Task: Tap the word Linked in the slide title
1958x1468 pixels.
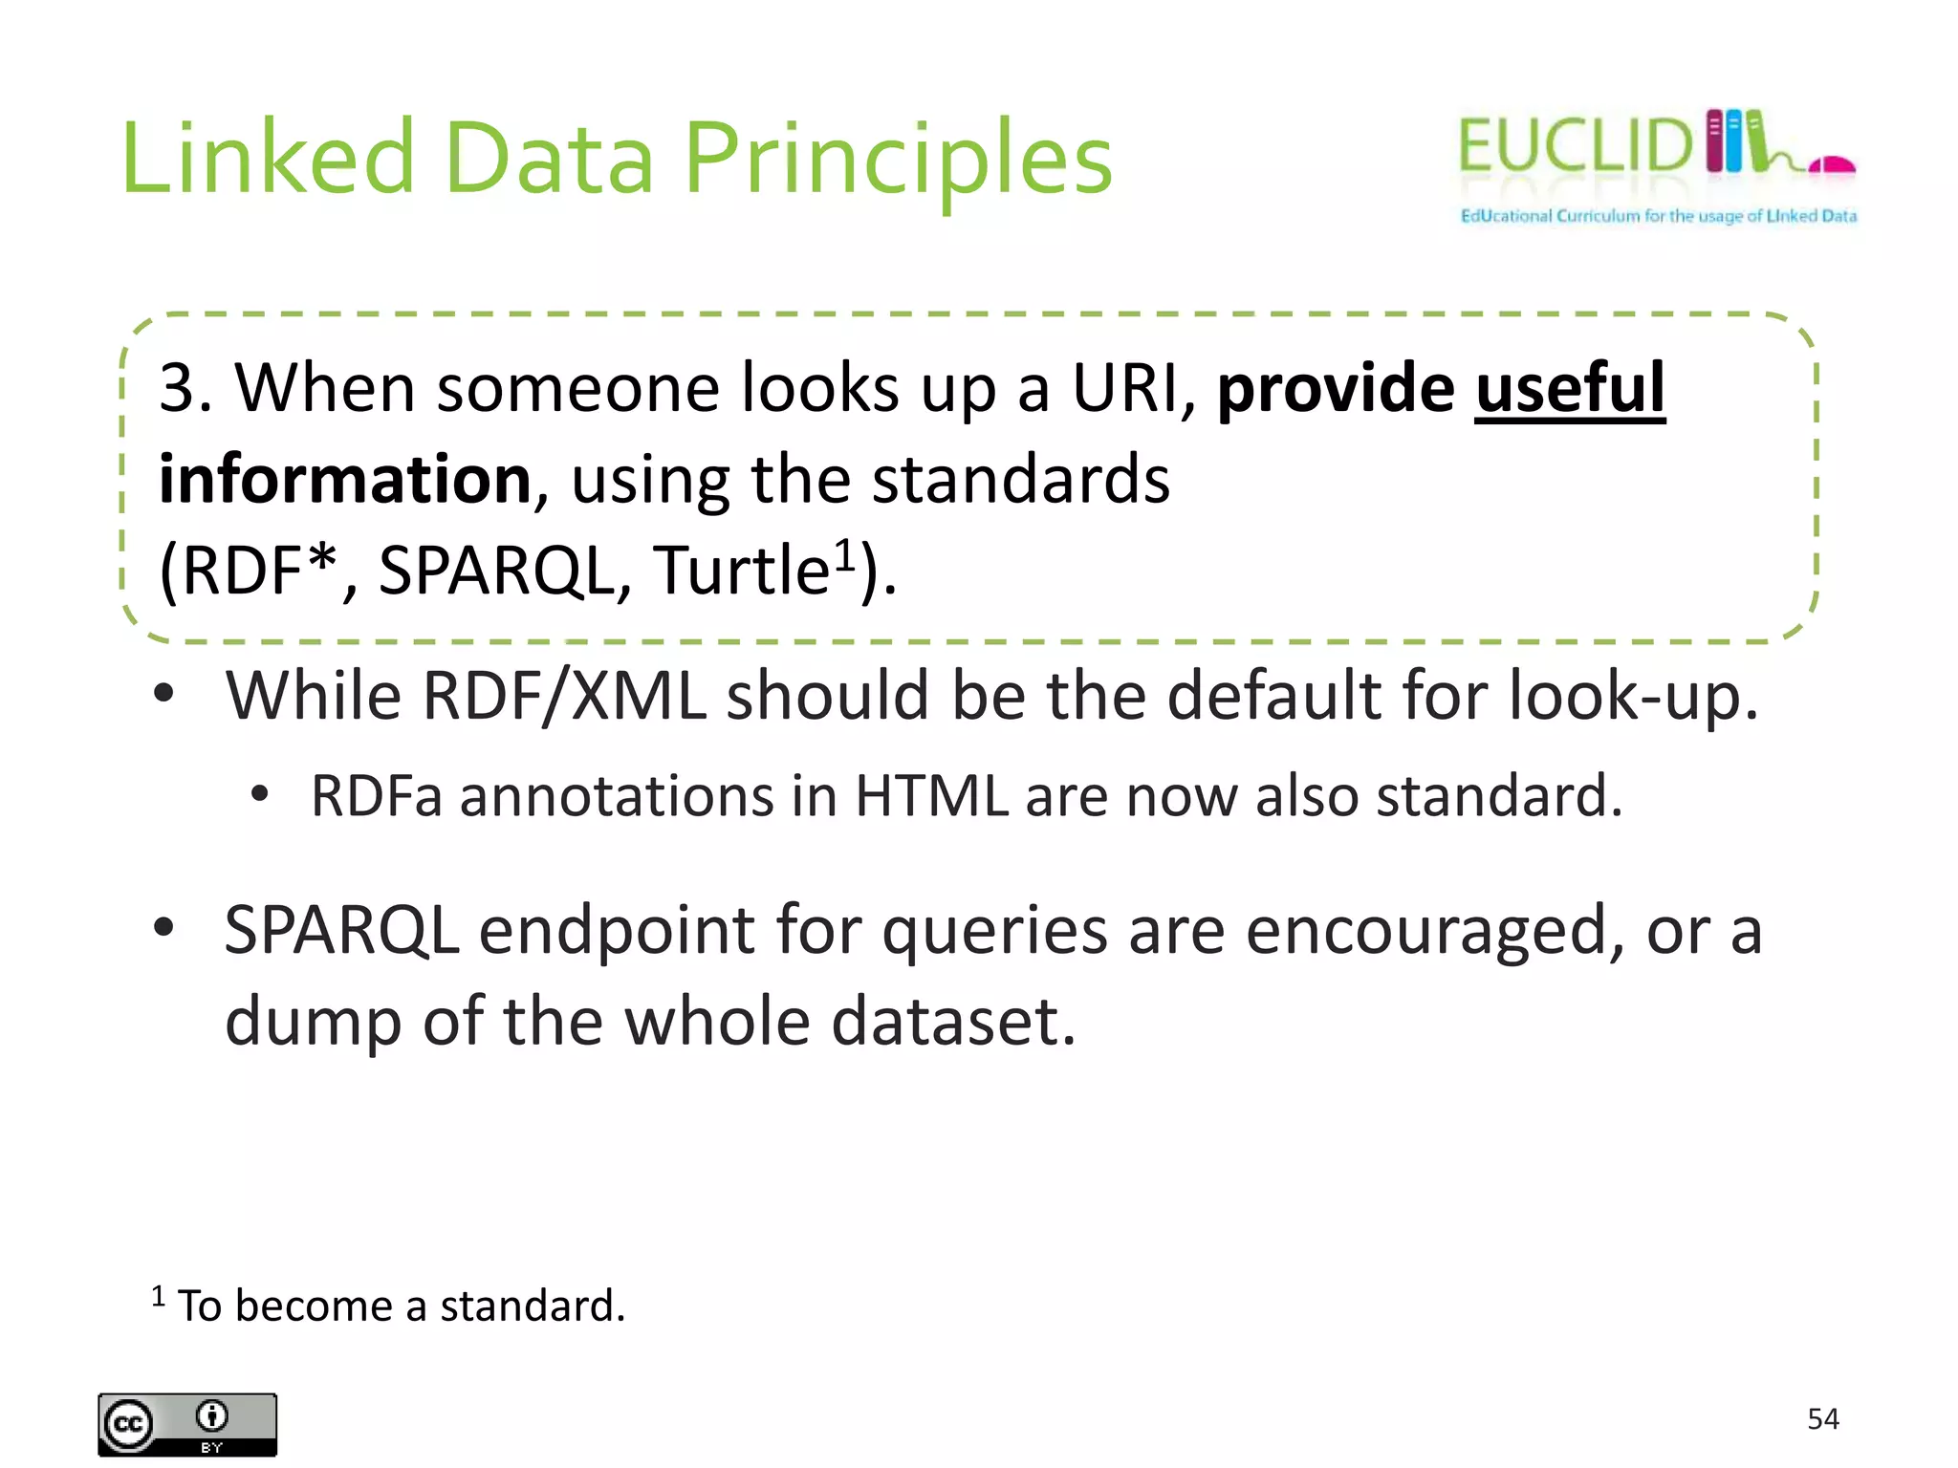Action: (268, 158)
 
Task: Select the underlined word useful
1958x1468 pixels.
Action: (1569, 389)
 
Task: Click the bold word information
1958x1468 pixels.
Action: (344, 479)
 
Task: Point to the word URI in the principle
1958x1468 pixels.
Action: (1126, 389)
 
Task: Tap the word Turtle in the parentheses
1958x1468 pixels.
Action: (740, 571)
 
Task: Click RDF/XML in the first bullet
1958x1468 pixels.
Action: (564, 696)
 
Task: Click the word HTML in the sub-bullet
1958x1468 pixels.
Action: (930, 796)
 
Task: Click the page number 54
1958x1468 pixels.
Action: (1822, 1418)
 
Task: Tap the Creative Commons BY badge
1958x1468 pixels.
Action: (187, 1424)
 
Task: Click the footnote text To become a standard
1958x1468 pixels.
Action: (402, 1306)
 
